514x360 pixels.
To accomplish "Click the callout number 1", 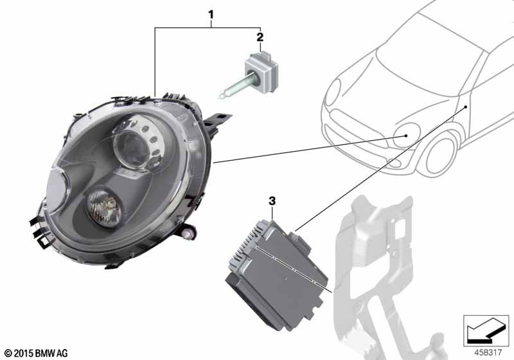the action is point(211,14).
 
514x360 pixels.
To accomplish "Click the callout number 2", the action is point(260,37).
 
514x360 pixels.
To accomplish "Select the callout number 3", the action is point(272,201).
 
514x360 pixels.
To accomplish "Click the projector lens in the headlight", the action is point(131,148).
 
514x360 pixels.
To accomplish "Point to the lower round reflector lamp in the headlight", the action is point(104,208).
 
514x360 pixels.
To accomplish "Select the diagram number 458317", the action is point(488,352).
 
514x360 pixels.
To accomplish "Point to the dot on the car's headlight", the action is point(406,136).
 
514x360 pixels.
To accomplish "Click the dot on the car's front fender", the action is point(465,107).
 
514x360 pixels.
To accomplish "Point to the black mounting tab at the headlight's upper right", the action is point(218,122).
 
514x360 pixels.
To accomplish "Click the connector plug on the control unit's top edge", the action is point(299,241).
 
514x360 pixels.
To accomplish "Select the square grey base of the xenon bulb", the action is point(262,69).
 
